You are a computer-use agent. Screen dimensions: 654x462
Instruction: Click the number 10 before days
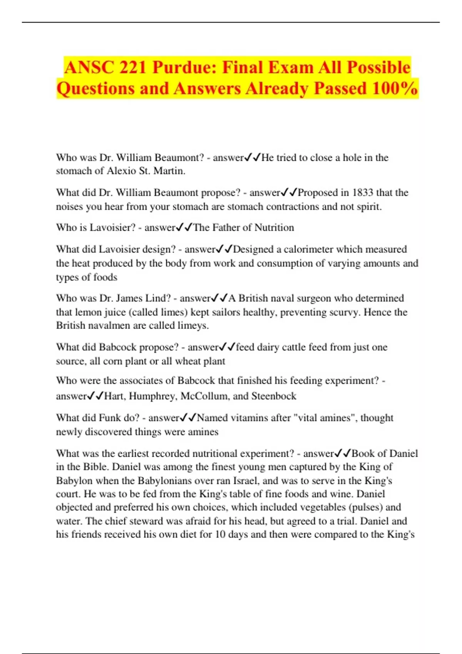220,534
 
